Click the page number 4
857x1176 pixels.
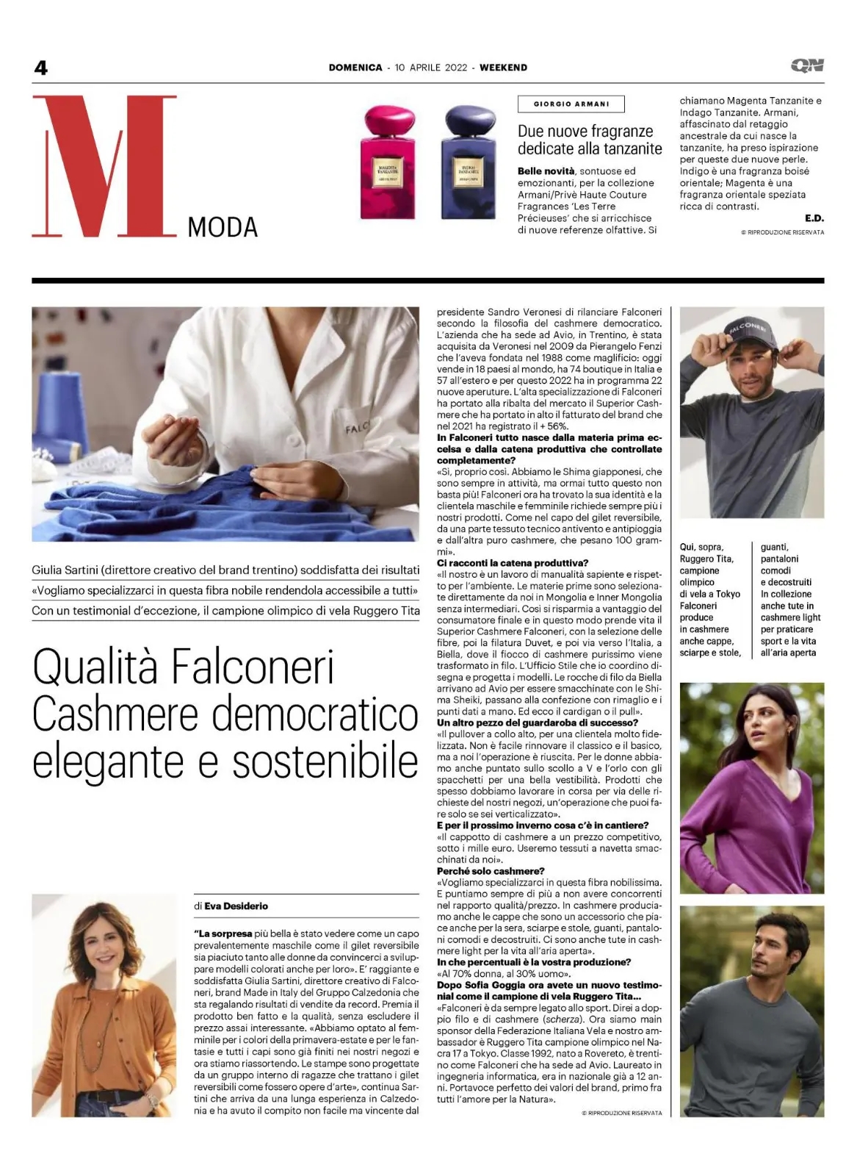point(40,68)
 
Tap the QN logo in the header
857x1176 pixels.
point(807,66)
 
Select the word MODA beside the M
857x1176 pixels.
point(223,228)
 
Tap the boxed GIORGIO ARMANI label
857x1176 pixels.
point(571,104)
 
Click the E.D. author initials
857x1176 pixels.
point(814,218)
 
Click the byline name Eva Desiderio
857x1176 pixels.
point(236,906)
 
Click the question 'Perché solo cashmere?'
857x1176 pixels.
point(491,871)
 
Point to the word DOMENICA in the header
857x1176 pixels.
point(355,68)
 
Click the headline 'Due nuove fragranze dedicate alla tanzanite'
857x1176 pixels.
point(590,140)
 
